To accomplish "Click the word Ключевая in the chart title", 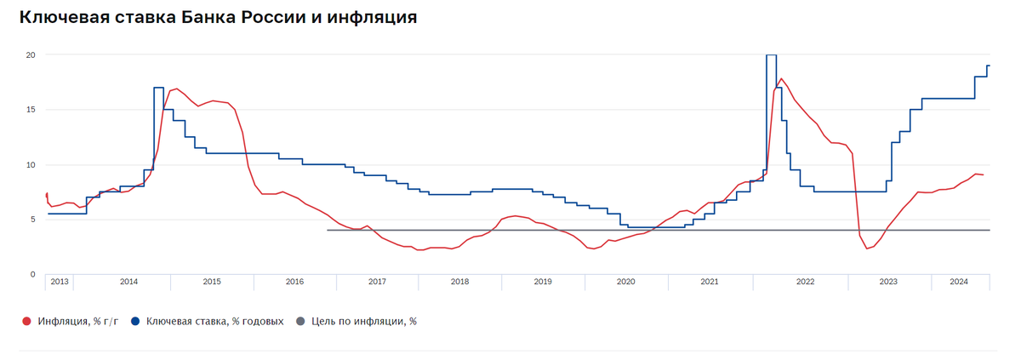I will pos(65,17).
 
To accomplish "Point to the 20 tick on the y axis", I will pos(30,54).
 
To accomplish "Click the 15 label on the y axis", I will pos(30,110).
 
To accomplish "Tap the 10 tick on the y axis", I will pos(30,164).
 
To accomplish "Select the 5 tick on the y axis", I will pos(32,220).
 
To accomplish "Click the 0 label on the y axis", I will pos(32,274).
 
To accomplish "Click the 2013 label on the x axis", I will pos(59,281).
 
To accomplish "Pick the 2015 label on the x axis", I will pos(211,281).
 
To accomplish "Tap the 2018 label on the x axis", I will pos(459,281).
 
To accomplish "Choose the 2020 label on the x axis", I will pos(625,281).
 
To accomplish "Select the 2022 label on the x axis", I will pos(804,281).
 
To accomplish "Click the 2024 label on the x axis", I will pos(959,281).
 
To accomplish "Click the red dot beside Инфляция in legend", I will pos(26,322).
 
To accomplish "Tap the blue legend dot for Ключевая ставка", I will pos(135,322).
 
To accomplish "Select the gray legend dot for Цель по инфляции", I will pos(299,322).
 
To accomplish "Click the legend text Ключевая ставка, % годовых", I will pos(214,322).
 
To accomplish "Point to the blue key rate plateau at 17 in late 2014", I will pos(159,88).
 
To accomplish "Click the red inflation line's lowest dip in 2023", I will pos(867,248).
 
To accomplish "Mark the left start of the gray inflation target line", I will pos(328,230).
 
